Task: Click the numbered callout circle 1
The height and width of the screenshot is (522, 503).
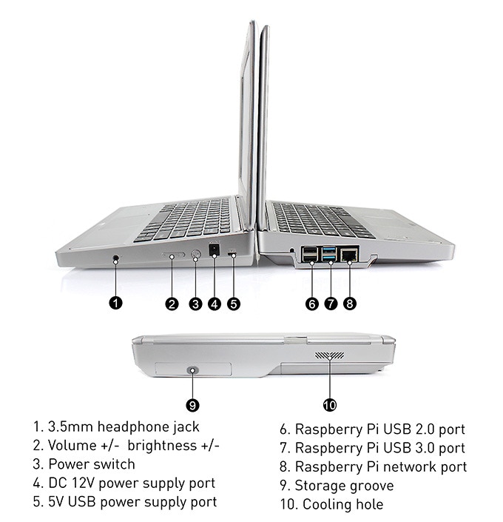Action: tap(116, 304)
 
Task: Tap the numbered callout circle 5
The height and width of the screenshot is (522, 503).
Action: tap(234, 304)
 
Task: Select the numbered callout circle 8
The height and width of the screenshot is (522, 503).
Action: tap(350, 304)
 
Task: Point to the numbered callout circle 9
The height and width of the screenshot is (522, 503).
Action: tap(192, 406)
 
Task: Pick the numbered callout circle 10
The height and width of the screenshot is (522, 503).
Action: tap(330, 405)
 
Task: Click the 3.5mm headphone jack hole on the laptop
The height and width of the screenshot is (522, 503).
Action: tap(116, 258)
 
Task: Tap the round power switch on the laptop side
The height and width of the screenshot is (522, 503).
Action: tap(196, 255)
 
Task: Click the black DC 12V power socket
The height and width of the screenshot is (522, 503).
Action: tap(215, 250)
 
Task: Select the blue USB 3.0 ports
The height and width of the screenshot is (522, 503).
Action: tap(329, 254)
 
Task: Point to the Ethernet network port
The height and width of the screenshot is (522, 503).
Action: tap(349, 255)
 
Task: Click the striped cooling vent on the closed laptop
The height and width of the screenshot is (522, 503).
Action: tap(330, 355)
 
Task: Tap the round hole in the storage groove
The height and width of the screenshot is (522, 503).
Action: tap(192, 370)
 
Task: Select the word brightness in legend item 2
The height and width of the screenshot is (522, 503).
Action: tap(162, 446)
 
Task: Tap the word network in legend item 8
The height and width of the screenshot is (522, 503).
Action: tap(410, 466)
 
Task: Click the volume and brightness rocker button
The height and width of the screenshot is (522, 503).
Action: tap(172, 255)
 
